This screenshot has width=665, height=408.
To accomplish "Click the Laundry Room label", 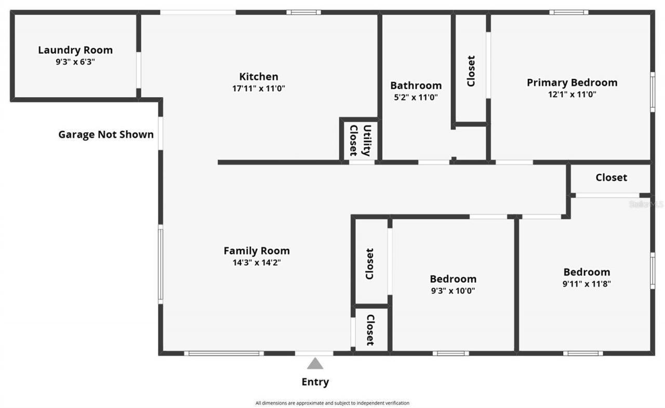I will [x=75, y=50].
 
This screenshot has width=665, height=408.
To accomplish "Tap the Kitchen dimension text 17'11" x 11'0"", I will [x=258, y=89].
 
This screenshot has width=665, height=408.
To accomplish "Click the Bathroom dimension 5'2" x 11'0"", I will [x=416, y=97].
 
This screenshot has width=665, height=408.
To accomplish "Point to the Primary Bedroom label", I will [x=571, y=82].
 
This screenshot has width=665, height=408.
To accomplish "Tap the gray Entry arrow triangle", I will [x=315, y=363].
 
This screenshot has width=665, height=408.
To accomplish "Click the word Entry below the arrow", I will [x=315, y=382].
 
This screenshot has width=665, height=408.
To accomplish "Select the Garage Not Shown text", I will [x=106, y=134].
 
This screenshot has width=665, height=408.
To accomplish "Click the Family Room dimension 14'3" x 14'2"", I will [x=257, y=263].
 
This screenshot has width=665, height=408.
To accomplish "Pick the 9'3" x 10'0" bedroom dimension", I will [x=453, y=291].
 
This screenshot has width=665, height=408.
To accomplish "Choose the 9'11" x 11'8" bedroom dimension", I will [x=587, y=284].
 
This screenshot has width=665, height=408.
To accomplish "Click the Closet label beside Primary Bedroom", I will [x=471, y=71].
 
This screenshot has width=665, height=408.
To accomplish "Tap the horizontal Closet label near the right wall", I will [x=611, y=178].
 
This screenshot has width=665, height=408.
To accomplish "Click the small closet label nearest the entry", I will [x=370, y=330].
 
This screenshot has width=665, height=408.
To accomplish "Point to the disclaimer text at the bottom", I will [x=332, y=403].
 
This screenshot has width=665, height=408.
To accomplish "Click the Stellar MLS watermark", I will [x=646, y=205].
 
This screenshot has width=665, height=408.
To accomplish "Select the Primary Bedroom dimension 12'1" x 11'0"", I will [x=571, y=94].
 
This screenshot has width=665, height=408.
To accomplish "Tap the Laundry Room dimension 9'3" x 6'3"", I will [x=75, y=61].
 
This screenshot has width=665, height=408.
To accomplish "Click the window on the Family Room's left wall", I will [x=161, y=264].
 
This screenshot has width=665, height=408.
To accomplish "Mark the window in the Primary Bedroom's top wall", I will [x=568, y=12].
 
